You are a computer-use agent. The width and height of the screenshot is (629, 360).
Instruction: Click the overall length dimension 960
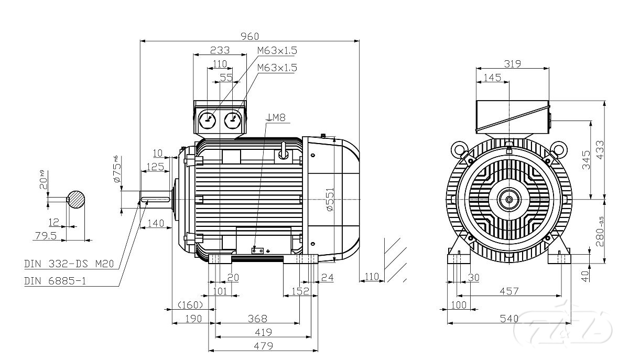pos(250,36)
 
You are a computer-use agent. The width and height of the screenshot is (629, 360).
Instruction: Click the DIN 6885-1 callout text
pos(55,281)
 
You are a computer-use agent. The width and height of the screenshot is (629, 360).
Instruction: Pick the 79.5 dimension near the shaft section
pos(45,236)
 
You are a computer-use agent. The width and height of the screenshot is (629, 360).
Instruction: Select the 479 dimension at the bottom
pos(263,346)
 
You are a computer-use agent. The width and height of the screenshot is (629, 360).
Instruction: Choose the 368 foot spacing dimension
pos(257,319)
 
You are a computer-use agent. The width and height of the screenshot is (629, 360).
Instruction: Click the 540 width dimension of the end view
pos(509,319)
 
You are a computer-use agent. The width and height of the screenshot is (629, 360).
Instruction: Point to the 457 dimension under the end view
pos(508,291)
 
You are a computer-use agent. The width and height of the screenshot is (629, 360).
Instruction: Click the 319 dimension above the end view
pos(512,64)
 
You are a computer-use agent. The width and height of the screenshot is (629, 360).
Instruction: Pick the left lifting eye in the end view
pos(460,150)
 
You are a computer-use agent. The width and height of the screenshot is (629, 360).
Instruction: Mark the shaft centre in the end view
pos(509,199)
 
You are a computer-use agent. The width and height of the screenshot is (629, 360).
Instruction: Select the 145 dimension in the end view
pos(492,78)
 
